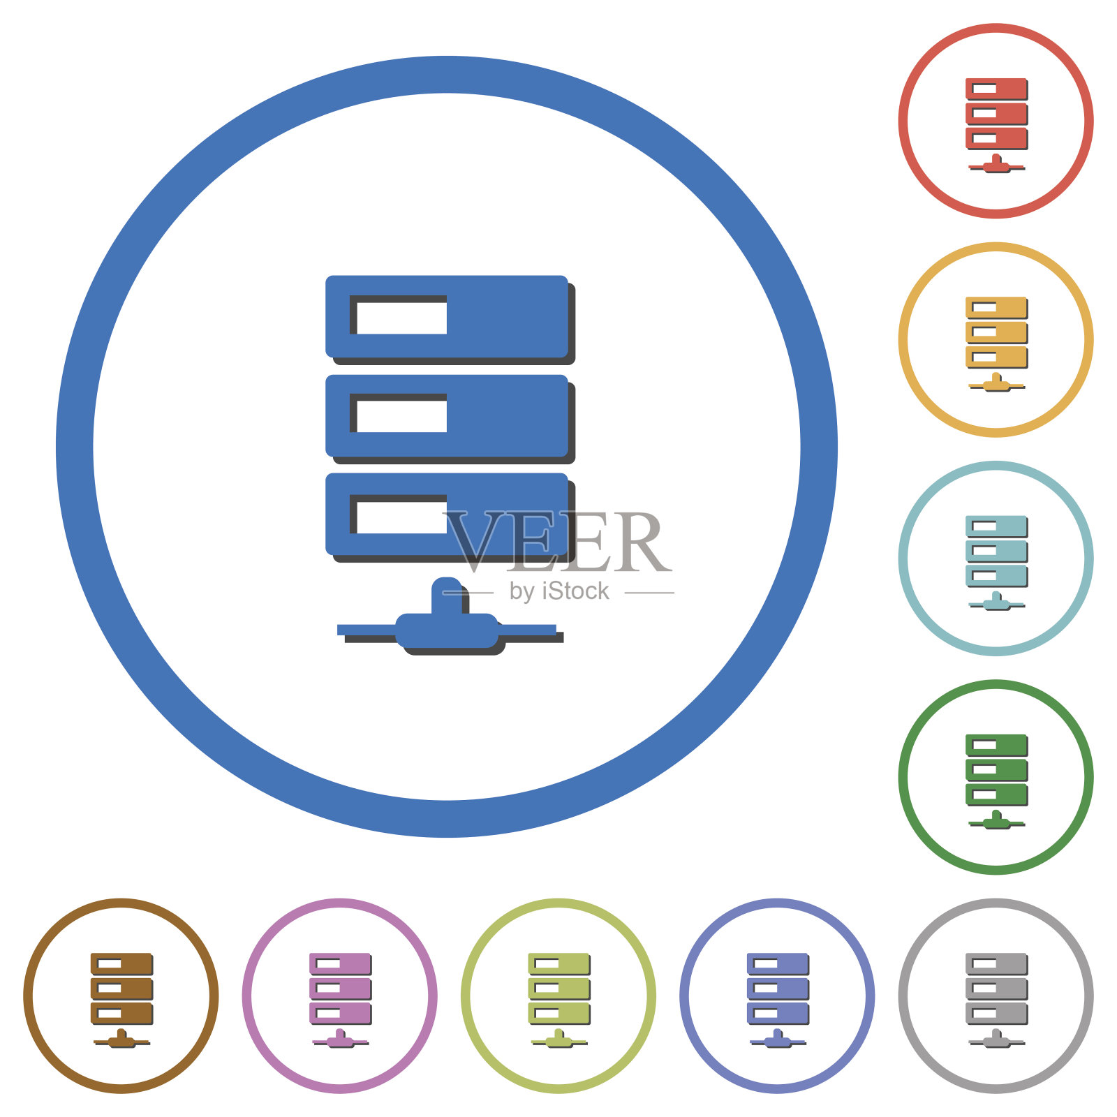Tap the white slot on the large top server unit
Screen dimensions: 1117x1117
coord(401,318)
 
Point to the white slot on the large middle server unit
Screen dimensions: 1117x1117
coord(401,416)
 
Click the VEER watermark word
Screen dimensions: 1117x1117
coord(557,542)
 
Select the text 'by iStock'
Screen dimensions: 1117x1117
coord(559,591)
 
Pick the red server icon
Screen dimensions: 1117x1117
coord(996,125)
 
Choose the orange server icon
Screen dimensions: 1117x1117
coord(996,343)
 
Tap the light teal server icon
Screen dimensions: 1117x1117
coord(996,563)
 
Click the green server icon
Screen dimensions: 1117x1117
coord(996,781)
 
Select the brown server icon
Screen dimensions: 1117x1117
coord(121,1000)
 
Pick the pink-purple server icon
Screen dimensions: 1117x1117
coord(340,1000)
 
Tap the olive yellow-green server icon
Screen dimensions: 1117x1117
coord(558,1000)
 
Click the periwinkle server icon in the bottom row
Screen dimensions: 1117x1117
coord(778,1000)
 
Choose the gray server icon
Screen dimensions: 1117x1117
coord(996,1000)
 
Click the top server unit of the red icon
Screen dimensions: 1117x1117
coord(996,89)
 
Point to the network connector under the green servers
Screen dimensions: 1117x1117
coord(996,820)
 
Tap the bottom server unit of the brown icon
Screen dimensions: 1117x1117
coord(121,1013)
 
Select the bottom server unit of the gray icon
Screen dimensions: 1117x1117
coord(996,1013)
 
